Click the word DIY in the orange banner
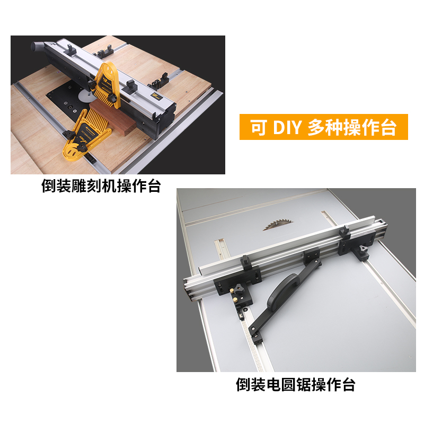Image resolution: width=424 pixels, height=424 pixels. [287, 127]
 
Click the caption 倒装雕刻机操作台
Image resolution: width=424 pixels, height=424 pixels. [101, 186]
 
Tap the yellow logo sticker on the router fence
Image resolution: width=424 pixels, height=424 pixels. [157, 96]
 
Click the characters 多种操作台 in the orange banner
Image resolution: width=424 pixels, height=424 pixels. [351, 127]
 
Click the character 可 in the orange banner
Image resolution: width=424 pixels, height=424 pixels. [259, 127]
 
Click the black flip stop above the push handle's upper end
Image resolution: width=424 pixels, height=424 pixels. [311, 257]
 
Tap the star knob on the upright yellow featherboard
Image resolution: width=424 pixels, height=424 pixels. [95, 84]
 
